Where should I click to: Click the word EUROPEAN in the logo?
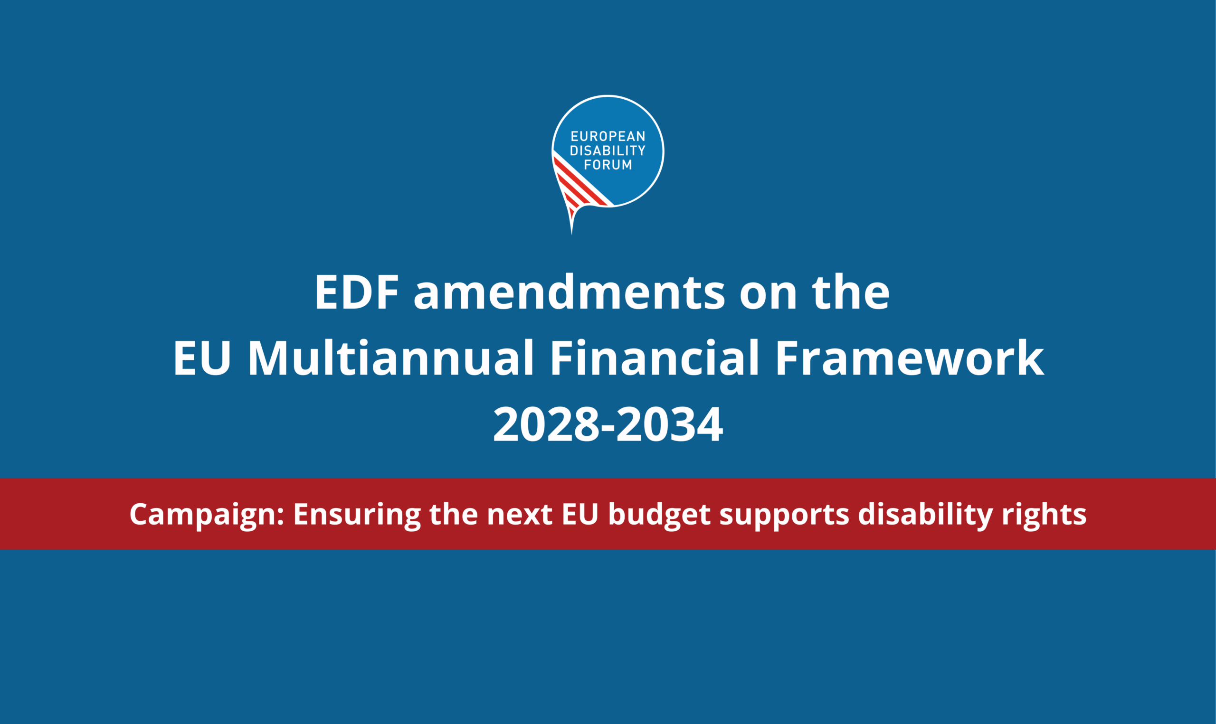pyautogui.click(x=608, y=136)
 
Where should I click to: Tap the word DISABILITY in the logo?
pyautogui.click(x=608, y=150)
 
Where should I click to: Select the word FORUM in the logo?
pyautogui.click(x=608, y=165)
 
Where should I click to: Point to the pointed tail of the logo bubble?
pyautogui.click(x=571, y=232)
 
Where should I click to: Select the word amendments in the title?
pyautogui.click(x=570, y=292)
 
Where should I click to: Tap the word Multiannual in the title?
pyautogui.click(x=390, y=358)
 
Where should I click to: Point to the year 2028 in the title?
pyautogui.click(x=546, y=424)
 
